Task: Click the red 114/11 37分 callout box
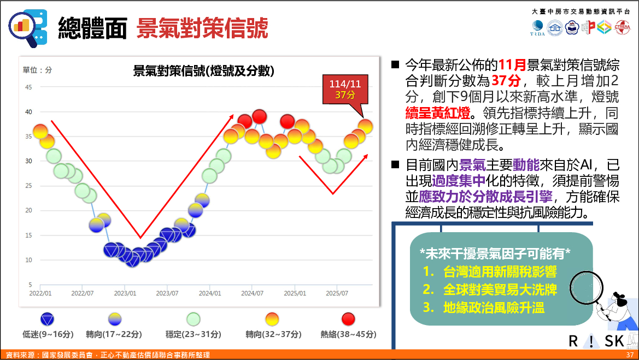[344, 89]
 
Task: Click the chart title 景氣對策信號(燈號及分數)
[204, 71]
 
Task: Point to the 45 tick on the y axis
[28, 87]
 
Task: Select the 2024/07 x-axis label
[251, 293]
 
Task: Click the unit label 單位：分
[37, 70]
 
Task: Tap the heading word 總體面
[93, 27]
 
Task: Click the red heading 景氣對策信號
[202, 27]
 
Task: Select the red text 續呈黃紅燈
[437, 113]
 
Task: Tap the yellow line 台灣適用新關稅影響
[490, 272]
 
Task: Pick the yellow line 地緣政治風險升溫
[484, 308]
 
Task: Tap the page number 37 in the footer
[630, 356]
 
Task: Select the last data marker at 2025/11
[365, 126]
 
